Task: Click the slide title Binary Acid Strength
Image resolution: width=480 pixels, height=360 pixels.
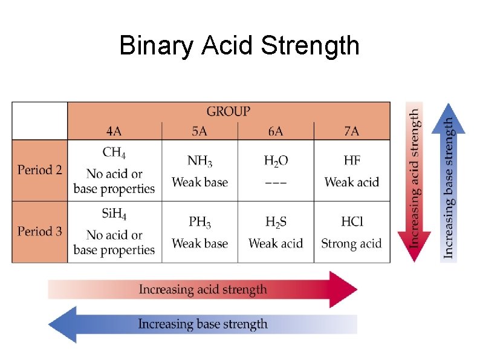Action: pyautogui.click(x=239, y=45)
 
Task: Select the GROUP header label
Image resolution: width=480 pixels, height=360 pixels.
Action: pyautogui.click(x=228, y=111)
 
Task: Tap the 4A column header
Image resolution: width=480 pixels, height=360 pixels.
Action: pyautogui.click(x=115, y=131)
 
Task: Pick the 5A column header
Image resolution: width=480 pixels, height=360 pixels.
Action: pyautogui.click(x=199, y=131)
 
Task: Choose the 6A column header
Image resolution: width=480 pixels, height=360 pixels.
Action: pyautogui.click(x=276, y=131)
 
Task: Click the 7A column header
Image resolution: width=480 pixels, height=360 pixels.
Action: pyautogui.click(x=351, y=131)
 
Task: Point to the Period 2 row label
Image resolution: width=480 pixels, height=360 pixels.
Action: pyautogui.click(x=39, y=170)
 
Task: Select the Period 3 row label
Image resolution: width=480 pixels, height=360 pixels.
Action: pyautogui.click(x=39, y=231)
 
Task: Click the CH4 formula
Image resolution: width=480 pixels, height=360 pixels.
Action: pyautogui.click(x=114, y=152)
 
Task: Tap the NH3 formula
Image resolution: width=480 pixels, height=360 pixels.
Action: pyautogui.click(x=199, y=161)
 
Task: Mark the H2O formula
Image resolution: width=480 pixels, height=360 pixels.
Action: pyautogui.click(x=276, y=161)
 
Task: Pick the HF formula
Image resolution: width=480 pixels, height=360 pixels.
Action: pyautogui.click(x=351, y=160)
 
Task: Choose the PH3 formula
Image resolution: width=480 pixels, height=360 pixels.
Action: pyautogui.click(x=199, y=222)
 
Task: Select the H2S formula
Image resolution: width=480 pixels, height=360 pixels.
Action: pyautogui.click(x=276, y=222)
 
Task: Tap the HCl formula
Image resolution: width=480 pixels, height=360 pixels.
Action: pyautogui.click(x=351, y=221)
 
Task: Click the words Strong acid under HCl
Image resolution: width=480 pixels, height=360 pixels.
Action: pyautogui.click(x=351, y=243)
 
